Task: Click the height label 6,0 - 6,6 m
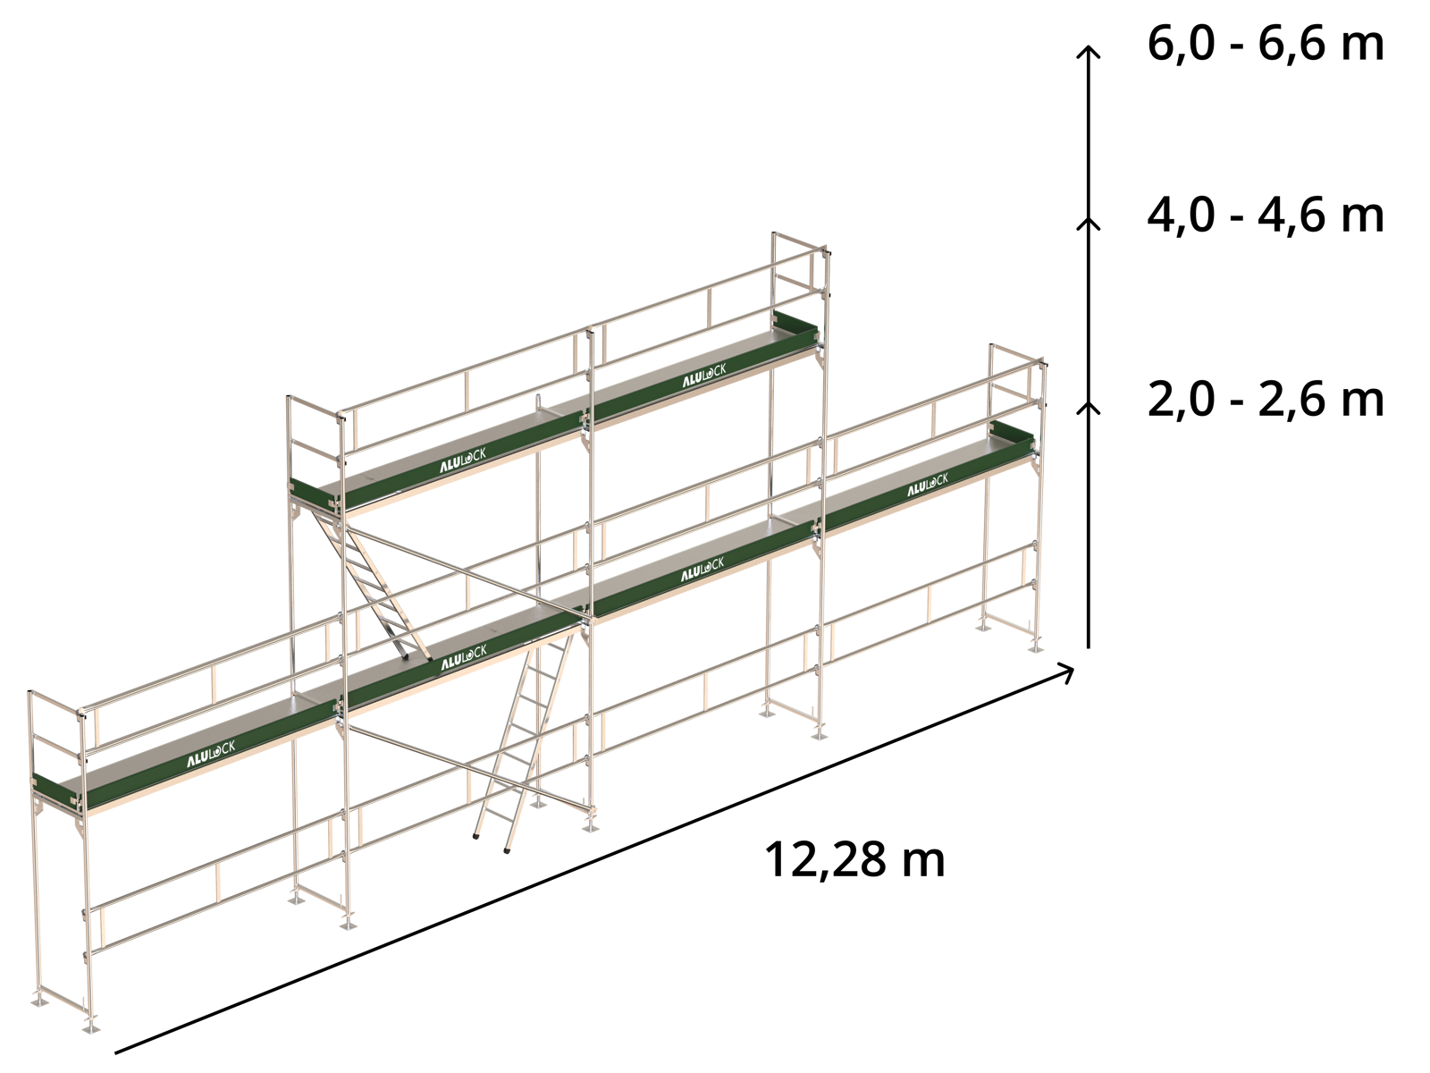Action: pyautogui.click(x=1265, y=46)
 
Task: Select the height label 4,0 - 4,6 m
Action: pyautogui.click(x=1265, y=216)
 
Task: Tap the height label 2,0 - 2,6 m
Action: pyautogui.click(x=1265, y=400)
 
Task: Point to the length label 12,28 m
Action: pyautogui.click(x=854, y=860)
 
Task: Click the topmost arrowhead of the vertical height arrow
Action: pyautogui.click(x=1088, y=51)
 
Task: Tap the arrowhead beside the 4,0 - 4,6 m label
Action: pyautogui.click(x=1088, y=223)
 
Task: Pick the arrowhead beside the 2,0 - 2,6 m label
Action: pyautogui.click(x=1088, y=407)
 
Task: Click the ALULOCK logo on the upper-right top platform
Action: pyautogui.click(x=703, y=376)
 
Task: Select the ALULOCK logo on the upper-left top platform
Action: pyautogui.click(x=463, y=460)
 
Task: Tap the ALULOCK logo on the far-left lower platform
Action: pyautogui.click(x=211, y=754)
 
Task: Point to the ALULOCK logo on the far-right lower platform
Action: pyautogui.click(x=928, y=486)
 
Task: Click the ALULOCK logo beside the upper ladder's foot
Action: pyautogui.click(x=464, y=656)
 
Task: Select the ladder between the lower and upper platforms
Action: pyautogui.click(x=371, y=583)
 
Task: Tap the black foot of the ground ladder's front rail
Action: pyautogui.click(x=507, y=850)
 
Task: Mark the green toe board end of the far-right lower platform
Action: pyautogui.click(x=1012, y=434)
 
